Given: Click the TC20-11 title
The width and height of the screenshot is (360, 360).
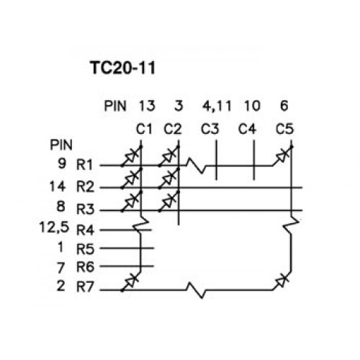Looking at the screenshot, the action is [123, 68].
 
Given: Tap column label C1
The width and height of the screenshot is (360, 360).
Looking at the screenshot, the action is [144, 129].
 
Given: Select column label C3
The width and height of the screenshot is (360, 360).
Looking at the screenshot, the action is [210, 129].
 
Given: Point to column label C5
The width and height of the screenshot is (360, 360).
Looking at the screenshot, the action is [284, 129].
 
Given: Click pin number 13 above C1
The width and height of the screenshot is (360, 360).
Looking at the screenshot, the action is [147, 106].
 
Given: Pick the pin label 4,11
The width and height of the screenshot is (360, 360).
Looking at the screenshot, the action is [217, 106].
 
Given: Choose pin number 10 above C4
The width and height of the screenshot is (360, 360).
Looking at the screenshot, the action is [252, 106].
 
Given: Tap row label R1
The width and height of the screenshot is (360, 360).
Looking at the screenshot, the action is [84, 165].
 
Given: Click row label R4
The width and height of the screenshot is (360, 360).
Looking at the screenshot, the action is [85, 230].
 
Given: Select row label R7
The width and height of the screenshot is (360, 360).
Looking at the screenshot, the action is [85, 287].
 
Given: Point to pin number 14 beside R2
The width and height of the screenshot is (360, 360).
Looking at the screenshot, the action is [58, 186].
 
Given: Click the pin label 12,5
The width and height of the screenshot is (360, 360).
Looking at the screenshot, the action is [54, 228].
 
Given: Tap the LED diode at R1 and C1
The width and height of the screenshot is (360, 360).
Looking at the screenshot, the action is [132, 156].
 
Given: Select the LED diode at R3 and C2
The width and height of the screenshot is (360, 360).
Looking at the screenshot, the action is [169, 201].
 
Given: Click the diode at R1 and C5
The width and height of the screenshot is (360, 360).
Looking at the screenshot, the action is [283, 156].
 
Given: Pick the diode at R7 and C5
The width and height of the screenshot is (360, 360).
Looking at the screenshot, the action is [282, 281].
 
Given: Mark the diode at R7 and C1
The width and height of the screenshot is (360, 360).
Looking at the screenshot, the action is [131, 282].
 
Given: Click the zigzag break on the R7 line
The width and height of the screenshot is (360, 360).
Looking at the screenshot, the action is [197, 290].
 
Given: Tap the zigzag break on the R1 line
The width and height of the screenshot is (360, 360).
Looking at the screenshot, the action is [197, 166].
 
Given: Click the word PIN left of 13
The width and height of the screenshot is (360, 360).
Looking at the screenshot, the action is [115, 106].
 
